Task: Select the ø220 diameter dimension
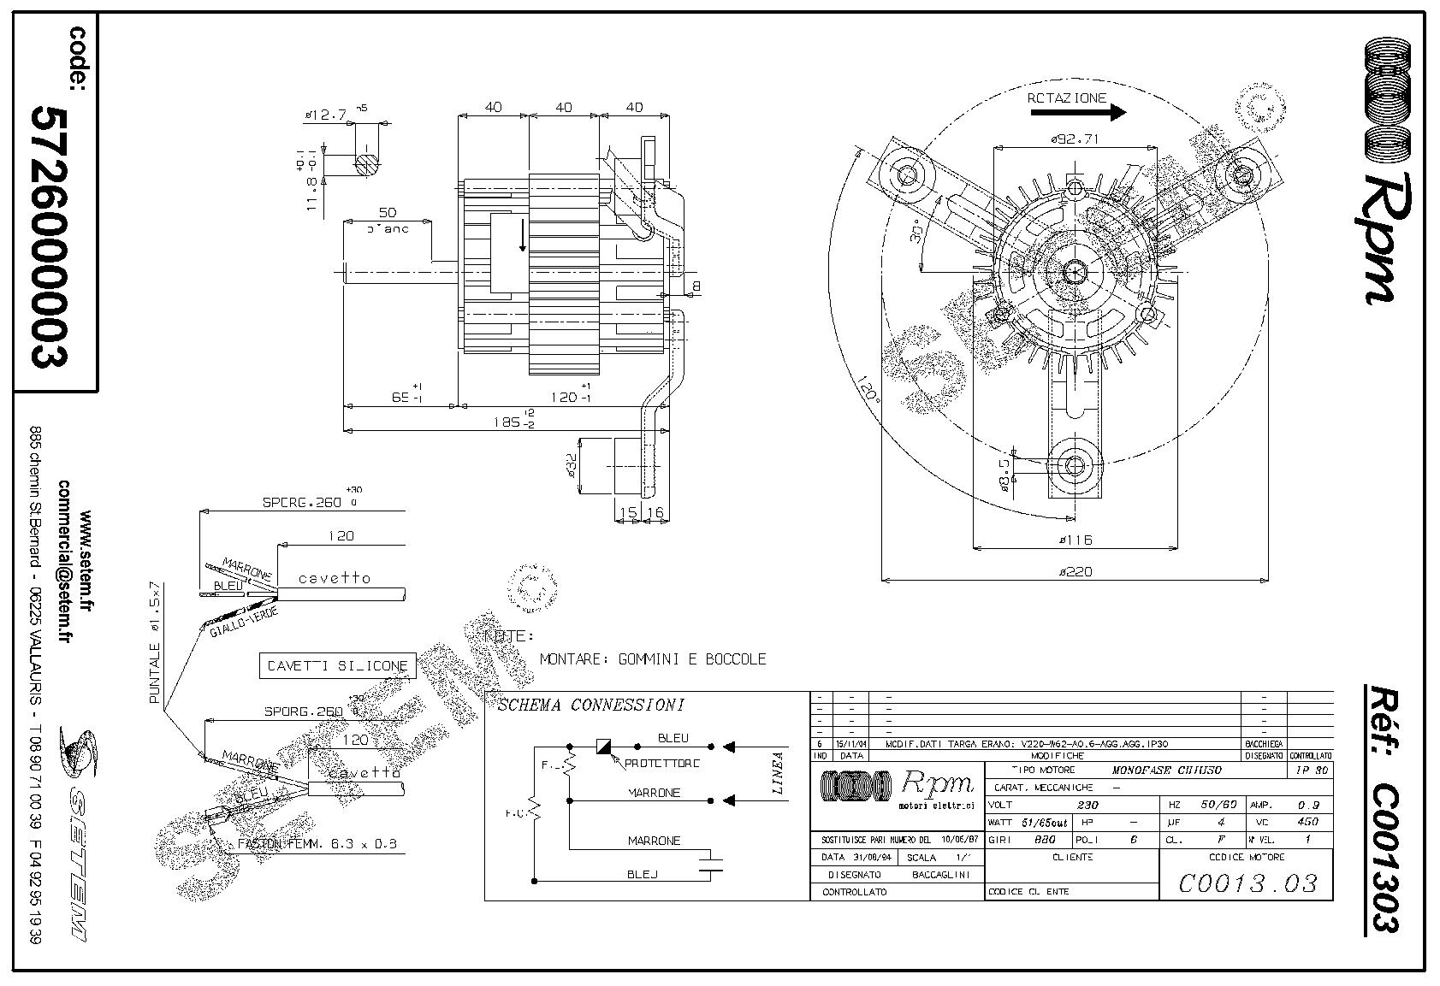click(x=1075, y=571)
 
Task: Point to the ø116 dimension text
click(x=1075, y=540)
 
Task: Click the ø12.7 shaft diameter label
click(x=325, y=114)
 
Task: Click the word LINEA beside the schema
click(x=778, y=773)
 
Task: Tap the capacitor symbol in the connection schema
click(x=710, y=861)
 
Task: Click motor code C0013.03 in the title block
click(x=1247, y=883)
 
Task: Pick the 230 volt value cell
click(x=1087, y=805)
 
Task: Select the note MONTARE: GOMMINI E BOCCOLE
click(x=653, y=659)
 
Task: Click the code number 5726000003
click(x=49, y=236)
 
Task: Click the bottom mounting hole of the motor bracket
click(x=1074, y=464)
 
